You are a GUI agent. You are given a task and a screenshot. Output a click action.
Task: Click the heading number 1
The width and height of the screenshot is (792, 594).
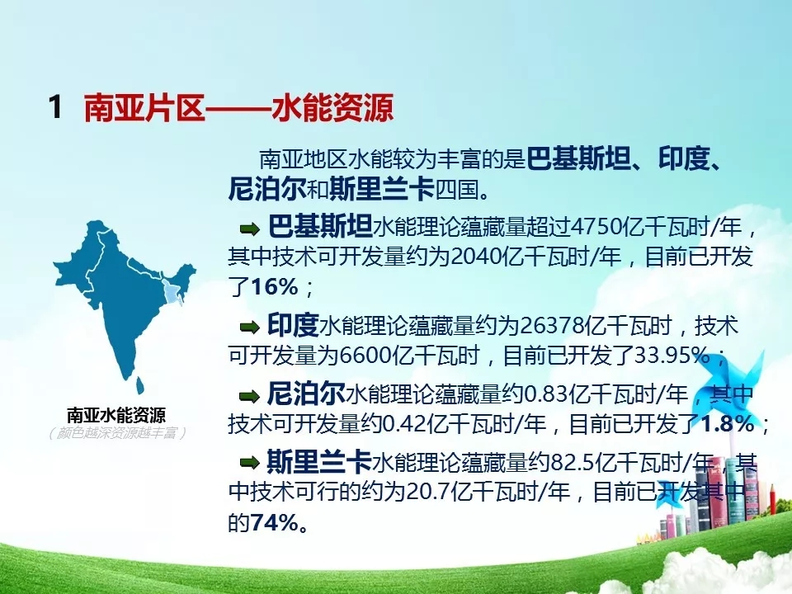(55, 107)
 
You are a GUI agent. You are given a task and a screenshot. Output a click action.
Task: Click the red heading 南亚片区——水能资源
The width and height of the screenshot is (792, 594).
(238, 107)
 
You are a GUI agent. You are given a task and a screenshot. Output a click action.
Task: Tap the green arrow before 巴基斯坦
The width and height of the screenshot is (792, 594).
(249, 230)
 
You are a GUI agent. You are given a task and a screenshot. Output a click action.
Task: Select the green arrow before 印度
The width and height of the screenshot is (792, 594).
(249, 328)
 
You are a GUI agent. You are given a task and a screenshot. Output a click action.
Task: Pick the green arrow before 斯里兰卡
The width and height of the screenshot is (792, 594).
(249, 462)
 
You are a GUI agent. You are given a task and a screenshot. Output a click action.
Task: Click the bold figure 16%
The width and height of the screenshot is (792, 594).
(274, 287)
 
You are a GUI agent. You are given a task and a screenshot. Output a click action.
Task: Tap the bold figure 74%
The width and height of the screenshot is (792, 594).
(274, 523)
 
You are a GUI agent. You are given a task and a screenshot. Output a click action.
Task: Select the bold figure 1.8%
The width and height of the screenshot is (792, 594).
(728, 423)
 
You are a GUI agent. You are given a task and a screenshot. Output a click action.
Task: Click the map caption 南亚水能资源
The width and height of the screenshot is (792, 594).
(116, 416)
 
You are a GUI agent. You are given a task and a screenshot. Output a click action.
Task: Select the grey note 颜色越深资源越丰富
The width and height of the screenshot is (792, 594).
(117, 433)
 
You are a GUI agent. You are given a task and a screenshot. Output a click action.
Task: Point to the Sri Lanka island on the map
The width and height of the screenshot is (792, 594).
(140, 385)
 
